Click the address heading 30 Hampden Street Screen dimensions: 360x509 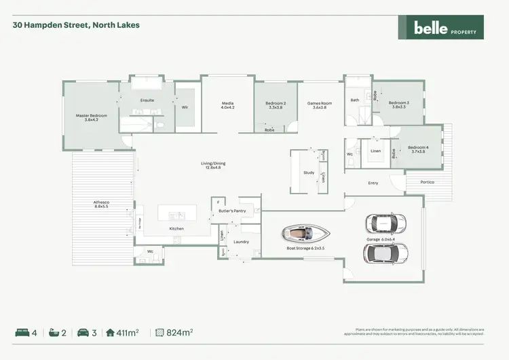(x=76, y=25)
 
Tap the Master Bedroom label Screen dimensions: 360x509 (x=91, y=118)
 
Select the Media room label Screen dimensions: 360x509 (x=227, y=105)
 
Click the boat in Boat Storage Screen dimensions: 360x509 (x=307, y=234)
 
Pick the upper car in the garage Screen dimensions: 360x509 (x=385, y=223)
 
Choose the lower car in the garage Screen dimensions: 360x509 (x=385, y=253)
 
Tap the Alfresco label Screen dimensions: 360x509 (x=101, y=204)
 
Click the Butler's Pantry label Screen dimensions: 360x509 (x=232, y=211)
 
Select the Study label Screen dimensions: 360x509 (x=309, y=173)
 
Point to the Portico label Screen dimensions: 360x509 (x=427, y=182)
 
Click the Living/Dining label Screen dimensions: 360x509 (x=210, y=165)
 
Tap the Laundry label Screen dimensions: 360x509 (x=241, y=242)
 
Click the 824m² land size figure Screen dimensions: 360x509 (x=179, y=332)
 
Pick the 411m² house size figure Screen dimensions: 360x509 (x=128, y=332)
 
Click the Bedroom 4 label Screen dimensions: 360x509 (x=418, y=149)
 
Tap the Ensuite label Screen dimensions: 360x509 (x=147, y=101)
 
